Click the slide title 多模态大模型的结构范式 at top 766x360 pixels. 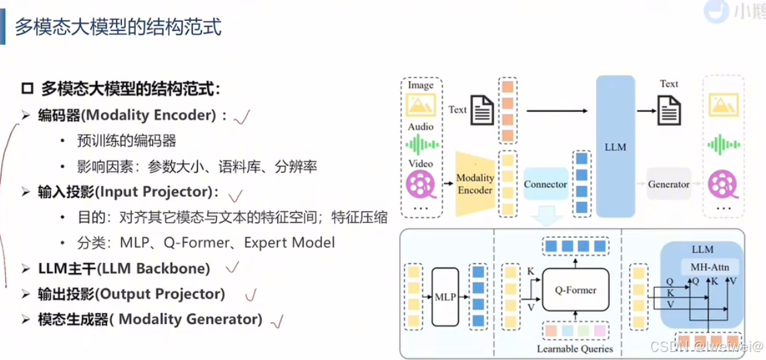point(118,27)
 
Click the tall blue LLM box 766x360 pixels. point(615,146)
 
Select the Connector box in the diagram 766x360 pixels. point(545,184)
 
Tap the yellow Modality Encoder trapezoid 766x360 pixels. point(475,183)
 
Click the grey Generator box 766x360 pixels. point(668,184)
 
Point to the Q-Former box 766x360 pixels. point(575,290)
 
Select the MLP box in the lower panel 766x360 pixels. point(445,296)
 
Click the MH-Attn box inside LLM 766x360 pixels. point(710,268)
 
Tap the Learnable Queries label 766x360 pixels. point(574,349)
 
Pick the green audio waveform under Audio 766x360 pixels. point(421,144)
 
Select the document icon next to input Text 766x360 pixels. point(482,110)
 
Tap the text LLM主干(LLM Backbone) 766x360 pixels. point(124,269)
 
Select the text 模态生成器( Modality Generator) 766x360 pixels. point(150,320)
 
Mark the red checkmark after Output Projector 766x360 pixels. point(251,295)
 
